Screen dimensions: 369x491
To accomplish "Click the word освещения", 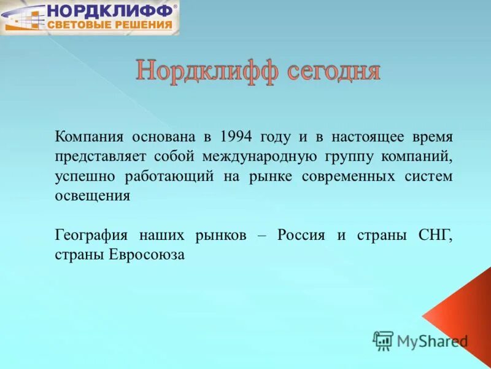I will [92, 196].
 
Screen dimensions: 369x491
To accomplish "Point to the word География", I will [91, 236].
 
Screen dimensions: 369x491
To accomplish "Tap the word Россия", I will [301, 236].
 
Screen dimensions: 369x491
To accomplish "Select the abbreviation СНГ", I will [436, 236].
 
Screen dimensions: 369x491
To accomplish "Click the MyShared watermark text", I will [432, 341].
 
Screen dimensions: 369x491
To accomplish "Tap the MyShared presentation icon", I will [382, 341].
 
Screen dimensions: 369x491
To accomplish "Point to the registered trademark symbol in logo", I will [176, 6].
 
